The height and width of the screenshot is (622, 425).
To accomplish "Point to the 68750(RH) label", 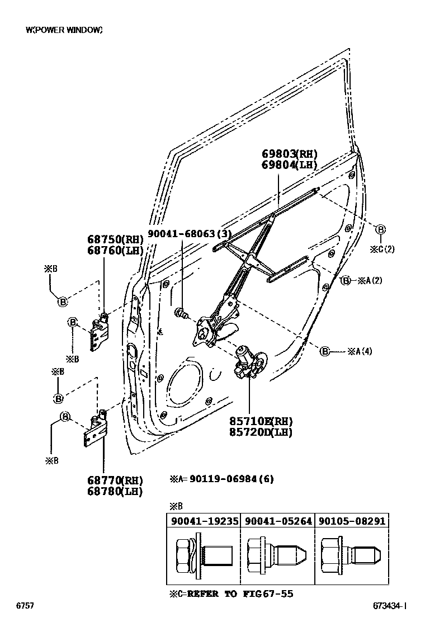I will [115, 239].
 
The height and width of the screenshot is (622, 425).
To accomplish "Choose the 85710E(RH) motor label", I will [260, 421].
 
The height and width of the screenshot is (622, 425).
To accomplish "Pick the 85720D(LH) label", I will [260, 432].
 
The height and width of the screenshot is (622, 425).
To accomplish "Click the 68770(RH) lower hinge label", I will [114, 480].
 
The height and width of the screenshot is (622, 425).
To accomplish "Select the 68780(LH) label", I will [114, 492].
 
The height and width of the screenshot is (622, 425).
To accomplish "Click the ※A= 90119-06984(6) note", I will [221, 479].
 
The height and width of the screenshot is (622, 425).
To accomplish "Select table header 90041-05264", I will [277, 521].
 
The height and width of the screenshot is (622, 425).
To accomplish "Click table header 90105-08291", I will [352, 521].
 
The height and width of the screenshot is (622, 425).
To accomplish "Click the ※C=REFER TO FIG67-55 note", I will [231, 593].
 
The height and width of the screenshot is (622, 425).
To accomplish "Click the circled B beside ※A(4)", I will [325, 351].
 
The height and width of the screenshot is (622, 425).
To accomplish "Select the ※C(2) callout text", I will [382, 249].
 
